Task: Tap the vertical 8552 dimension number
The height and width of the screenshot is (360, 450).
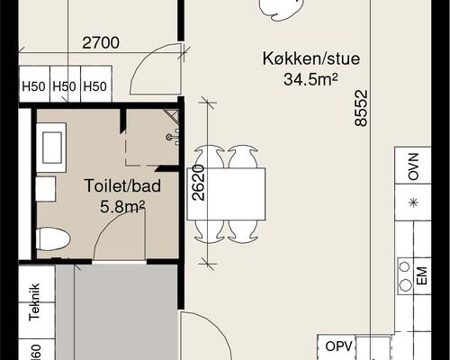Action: click(361, 107)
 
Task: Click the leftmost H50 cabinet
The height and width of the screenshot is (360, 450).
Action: click(33, 87)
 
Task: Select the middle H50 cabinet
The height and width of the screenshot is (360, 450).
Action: click(64, 87)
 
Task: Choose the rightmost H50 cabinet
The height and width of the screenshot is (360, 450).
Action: click(94, 87)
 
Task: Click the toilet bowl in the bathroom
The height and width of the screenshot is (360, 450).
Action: click(53, 238)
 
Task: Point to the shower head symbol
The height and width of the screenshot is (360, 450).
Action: click(170, 136)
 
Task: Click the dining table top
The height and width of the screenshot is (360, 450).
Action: click(227, 194)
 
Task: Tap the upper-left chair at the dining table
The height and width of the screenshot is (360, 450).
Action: click(209, 157)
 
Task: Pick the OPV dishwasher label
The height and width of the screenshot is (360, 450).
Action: click(337, 346)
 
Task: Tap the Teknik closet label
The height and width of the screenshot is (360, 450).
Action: click(34, 302)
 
